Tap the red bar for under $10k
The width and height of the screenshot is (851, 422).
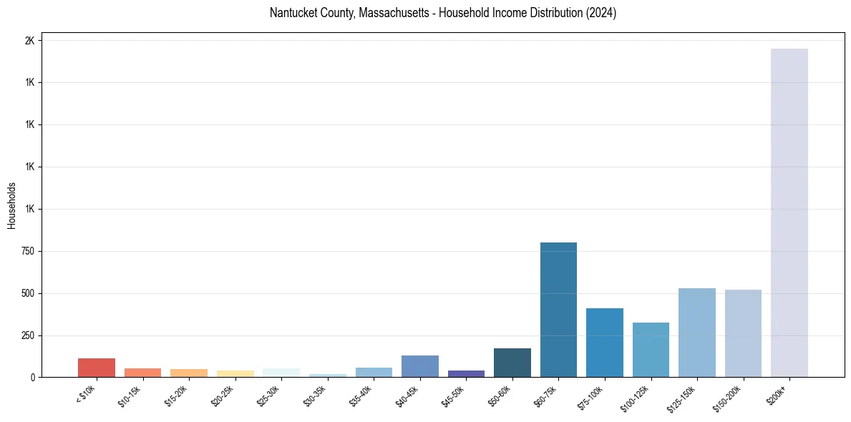[97, 368]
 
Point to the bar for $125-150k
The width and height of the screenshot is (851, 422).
[697, 333]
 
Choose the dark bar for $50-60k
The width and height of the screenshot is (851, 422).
[512, 363]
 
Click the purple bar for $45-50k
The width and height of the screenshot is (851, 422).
[466, 373]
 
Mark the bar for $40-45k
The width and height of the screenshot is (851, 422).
[420, 366]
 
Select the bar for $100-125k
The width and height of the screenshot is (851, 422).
[651, 350]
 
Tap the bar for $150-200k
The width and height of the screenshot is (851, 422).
[743, 333]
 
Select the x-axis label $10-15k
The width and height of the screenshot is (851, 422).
[130, 396]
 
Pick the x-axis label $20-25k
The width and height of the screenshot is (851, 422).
[222, 396]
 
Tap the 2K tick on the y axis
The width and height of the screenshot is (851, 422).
[29, 41]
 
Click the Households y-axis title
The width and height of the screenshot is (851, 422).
[11, 205]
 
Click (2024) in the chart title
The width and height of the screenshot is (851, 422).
[600, 13]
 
